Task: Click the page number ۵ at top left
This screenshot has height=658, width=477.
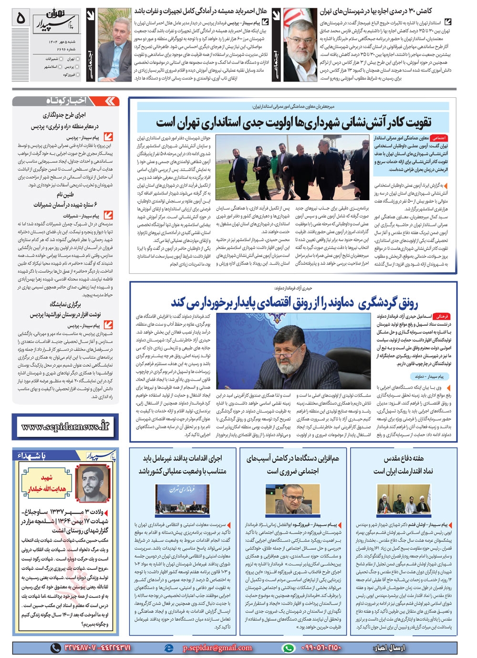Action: coord(20,18)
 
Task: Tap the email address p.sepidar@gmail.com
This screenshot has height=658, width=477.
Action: coord(217,648)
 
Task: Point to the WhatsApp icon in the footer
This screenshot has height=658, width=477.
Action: coord(288,648)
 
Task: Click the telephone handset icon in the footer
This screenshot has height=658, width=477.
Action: coord(56,648)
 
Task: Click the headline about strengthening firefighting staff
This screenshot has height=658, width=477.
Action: coord(293,123)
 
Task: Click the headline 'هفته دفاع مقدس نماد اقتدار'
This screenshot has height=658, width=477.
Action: coord(403,464)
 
